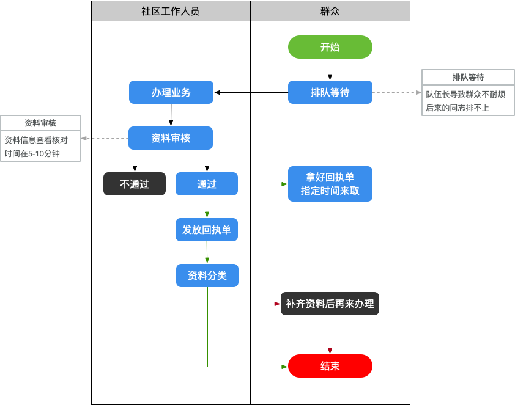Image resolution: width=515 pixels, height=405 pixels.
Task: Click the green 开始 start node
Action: pyautogui.click(x=330, y=47)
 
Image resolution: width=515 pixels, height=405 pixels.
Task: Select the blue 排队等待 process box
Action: pyautogui.click(x=330, y=92)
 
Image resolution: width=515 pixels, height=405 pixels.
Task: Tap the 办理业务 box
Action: pyautogui.click(x=171, y=92)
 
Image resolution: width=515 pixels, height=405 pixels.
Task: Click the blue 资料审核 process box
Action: pyautogui.click(x=171, y=138)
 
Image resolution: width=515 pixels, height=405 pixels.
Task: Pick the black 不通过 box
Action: pyautogui.click(x=135, y=184)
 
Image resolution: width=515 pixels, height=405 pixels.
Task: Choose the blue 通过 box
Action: pyautogui.click(x=207, y=184)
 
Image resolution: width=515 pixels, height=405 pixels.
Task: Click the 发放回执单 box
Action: pyautogui.click(x=207, y=230)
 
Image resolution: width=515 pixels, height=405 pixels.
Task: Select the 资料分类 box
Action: pyautogui.click(x=207, y=275)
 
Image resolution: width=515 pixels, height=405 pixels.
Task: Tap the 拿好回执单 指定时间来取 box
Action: pyautogui.click(x=330, y=184)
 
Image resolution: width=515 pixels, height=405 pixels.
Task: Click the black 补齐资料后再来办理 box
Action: pyautogui.click(x=330, y=304)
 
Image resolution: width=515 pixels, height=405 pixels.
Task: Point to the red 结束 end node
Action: pyautogui.click(x=330, y=366)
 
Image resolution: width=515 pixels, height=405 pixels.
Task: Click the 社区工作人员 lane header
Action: pyautogui.click(x=171, y=11)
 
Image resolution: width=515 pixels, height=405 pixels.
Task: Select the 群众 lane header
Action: pyautogui.click(x=330, y=11)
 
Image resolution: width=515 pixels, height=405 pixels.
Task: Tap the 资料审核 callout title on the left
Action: pyautogui.click(x=40, y=123)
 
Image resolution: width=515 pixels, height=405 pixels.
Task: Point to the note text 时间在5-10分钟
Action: pyautogui.click(x=32, y=153)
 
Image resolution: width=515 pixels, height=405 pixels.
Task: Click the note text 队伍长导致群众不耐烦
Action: pyautogui.click(x=465, y=94)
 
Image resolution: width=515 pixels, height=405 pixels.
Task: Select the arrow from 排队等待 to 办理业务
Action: pyautogui.click(x=251, y=92)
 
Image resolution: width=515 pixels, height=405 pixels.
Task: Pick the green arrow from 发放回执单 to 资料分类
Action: pyautogui.click(x=207, y=252)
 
